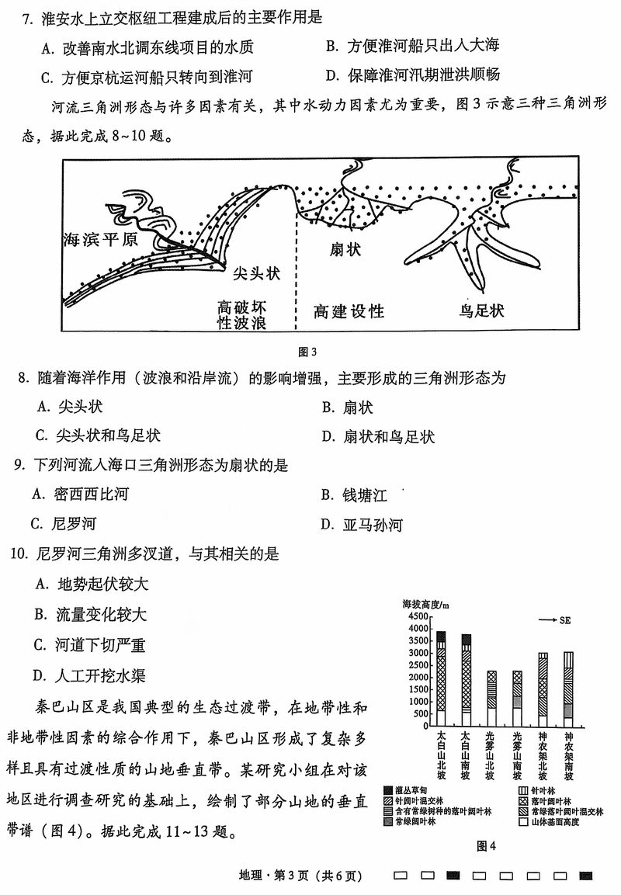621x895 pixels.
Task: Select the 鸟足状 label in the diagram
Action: click(x=481, y=310)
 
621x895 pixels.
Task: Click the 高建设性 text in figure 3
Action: click(x=349, y=311)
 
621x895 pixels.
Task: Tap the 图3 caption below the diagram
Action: click(x=309, y=352)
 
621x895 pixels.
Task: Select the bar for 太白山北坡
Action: click(x=441, y=678)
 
